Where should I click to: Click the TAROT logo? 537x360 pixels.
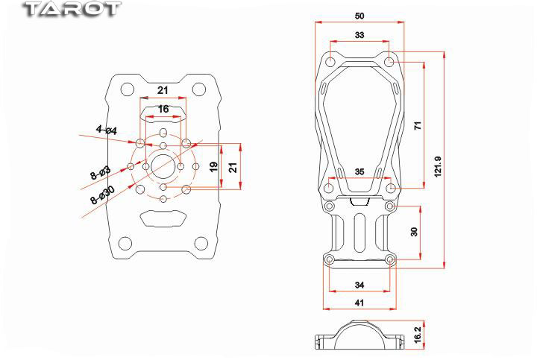click(x=72, y=9)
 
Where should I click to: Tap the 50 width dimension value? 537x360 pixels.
click(x=359, y=16)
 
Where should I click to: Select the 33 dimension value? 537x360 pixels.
click(x=359, y=35)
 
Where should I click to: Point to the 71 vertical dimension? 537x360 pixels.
click(x=418, y=125)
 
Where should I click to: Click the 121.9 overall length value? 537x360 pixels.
click(x=438, y=167)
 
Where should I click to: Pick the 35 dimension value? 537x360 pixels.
click(x=359, y=171)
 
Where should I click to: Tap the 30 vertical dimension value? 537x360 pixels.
click(x=414, y=232)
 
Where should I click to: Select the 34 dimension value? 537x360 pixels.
click(x=359, y=285)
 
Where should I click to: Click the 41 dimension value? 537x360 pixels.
click(x=359, y=303)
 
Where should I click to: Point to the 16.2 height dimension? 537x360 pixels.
click(x=418, y=335)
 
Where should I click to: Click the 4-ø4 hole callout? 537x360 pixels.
click(x=107, y=130)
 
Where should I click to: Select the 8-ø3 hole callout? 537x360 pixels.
click(x=101, y=173)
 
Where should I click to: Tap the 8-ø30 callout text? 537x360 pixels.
click(x=102, y=195)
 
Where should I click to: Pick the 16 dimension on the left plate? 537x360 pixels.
click(x=163, y=109)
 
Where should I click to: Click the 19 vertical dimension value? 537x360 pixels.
click(x=214, y=167)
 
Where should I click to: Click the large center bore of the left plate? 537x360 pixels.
click(x=163, y=167)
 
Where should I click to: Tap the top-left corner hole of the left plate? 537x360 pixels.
click(x=127, y=89)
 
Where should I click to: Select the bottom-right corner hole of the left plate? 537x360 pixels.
click(x=201, y=243)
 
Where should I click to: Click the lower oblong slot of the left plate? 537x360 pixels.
click(x=163, y=218)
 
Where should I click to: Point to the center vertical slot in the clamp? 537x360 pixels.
click(x=359, y=233)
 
